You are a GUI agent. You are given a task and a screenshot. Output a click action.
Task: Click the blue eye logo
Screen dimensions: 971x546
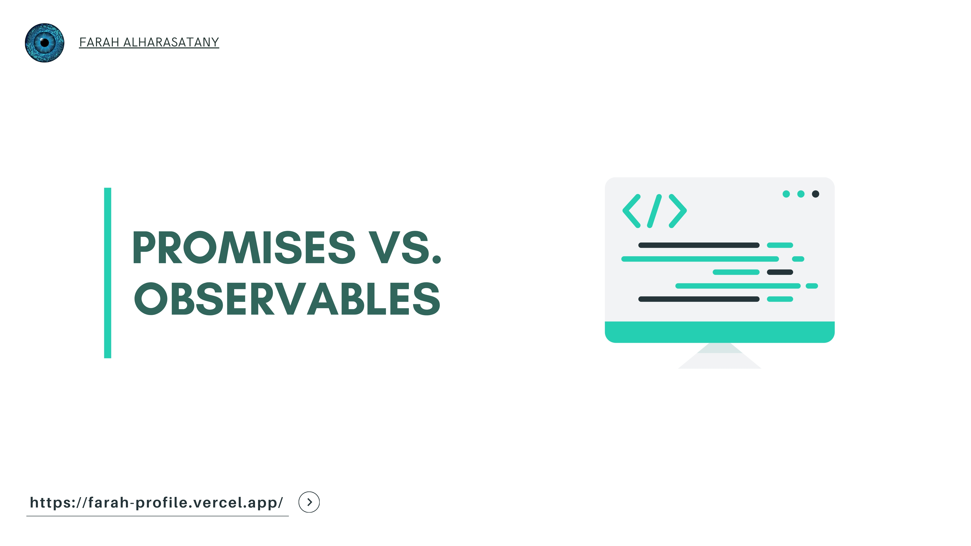[45, 43]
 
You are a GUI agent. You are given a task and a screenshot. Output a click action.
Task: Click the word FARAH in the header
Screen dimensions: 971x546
[99, 42]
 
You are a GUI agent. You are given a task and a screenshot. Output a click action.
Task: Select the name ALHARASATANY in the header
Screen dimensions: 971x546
[171, 42]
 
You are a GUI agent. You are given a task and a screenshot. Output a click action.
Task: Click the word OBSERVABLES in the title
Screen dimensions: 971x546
[287, 299]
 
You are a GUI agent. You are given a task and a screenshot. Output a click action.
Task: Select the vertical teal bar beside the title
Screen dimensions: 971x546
[108, 273]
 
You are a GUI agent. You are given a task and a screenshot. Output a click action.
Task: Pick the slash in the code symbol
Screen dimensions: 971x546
[654, 211]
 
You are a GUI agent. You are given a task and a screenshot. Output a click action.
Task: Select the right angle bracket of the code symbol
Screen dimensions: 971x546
[678, 211]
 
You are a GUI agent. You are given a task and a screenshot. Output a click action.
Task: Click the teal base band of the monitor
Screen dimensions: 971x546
[720, 332]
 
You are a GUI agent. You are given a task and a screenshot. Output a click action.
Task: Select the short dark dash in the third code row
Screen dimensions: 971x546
[780, 272]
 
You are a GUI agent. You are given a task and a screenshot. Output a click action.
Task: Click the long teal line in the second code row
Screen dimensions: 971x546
[700, 259]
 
